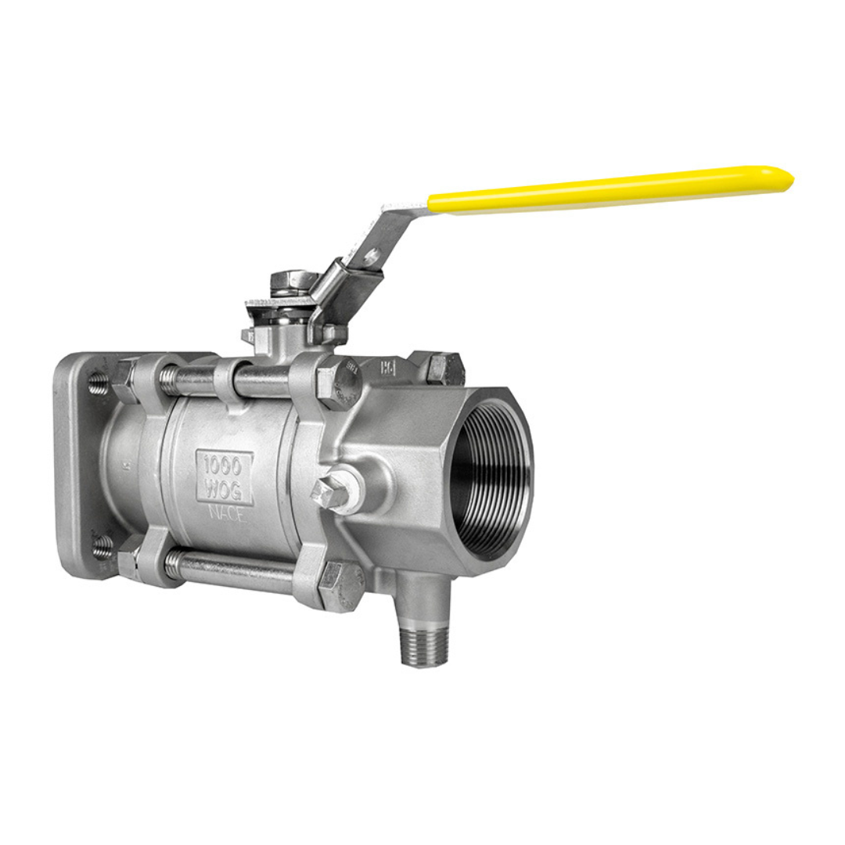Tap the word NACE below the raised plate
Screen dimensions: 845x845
226,515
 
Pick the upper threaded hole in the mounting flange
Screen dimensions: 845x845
98,383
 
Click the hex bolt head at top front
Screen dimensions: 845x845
338,384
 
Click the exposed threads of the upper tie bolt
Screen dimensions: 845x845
170,381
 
